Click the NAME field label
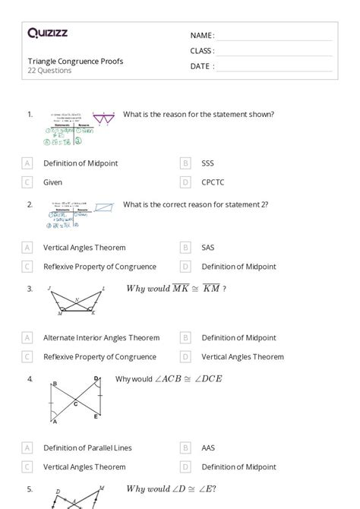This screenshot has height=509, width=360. pyautogui.click(x=202, y=36)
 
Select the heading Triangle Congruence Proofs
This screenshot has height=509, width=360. pyautogui.click(x=75, y=61)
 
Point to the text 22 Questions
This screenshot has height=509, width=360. pyautogui.click(x=49, y=71)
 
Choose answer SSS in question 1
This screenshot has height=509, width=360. pyautogui.click(x=207, y=163)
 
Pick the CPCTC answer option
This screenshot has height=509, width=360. pyautogui.click(x=213, y=182)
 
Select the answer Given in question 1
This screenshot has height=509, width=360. pyautogui.click(x=52, y=182)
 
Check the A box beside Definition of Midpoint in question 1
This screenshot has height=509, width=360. pyautogui.click(x=27, y=163)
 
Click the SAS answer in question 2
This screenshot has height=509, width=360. pyautogui.click(x=207, y=248)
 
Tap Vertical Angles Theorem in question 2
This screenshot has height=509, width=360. pyautogui.click(x=84, y=248)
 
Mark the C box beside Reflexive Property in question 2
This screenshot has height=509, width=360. pyautogui.click(x=27, y=267)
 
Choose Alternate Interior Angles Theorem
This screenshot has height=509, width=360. pyautogui.click(x=101, y=338)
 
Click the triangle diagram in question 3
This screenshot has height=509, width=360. pyautogui.click(x=75, y=301)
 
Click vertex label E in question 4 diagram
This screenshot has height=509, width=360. pyautogui.click(x=96, y=416)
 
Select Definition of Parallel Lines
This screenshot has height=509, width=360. pyautogui.click(x=87, y=448)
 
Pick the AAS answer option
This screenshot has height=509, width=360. pyautogui.click(x=207, y=448)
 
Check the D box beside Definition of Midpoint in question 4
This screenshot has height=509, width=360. pyautogui.click(x=185, y=467)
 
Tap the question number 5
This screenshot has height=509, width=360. pyautogui.click(x=30, y=489)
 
